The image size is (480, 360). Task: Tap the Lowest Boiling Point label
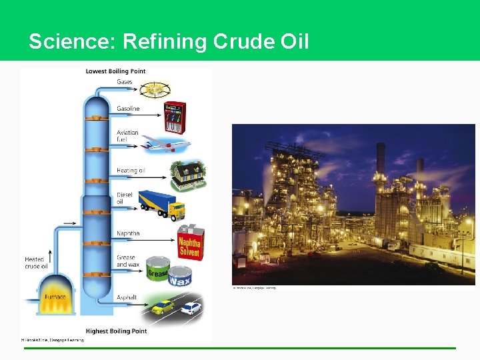point(115,71)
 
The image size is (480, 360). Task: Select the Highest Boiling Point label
point(116,331)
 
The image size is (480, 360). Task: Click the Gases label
point(125,82)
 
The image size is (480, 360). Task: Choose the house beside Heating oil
point(185,175)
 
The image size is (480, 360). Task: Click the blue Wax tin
point(179,277)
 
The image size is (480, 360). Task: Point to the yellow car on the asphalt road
point(163,307)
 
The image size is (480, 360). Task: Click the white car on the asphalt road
point(191,308)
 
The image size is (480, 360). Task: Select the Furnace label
point(55,297)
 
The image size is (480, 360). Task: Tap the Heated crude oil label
point(36,263)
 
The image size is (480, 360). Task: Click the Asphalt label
point(126,297)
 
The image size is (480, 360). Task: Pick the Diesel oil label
point(125,198)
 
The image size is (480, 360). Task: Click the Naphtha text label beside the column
point(128,233)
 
